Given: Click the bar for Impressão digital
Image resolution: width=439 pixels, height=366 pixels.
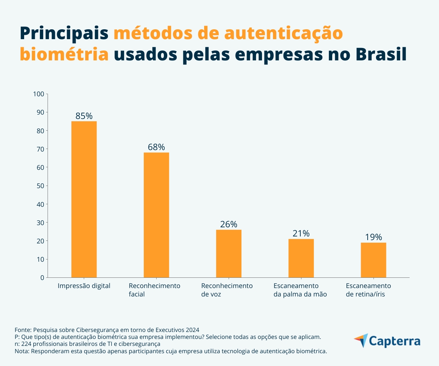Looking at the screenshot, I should [84, 199].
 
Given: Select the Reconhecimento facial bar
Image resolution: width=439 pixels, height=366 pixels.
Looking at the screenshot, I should [156, 215].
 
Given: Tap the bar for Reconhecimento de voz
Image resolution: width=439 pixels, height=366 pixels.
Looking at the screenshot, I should [229, 253].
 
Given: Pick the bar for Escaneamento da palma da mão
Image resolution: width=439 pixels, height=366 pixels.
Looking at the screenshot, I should [301, 258].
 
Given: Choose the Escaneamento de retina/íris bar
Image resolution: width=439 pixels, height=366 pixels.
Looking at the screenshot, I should [373, 260].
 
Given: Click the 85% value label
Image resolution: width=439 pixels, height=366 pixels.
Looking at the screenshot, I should [84, 116].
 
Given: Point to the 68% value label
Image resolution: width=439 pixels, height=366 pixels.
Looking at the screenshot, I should [156, 147].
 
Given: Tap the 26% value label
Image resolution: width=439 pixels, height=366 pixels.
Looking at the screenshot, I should [229, 224].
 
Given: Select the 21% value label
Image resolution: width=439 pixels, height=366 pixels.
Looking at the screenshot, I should [301, 234].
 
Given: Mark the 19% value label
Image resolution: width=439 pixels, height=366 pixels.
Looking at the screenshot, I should [373, 237].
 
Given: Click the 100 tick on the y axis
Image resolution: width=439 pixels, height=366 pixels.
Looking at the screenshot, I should [38, 94].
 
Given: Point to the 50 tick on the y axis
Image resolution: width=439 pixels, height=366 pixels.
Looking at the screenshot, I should [40, 186].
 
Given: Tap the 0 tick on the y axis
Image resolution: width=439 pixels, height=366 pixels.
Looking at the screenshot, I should [42, 277].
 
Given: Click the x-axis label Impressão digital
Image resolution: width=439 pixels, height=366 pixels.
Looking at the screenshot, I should [84, 286].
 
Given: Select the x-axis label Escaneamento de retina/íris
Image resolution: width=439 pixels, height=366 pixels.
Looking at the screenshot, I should [368, 290].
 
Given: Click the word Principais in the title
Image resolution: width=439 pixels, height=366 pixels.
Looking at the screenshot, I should [64, 34].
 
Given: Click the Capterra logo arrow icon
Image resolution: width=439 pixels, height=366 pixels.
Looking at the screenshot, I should [361, 340].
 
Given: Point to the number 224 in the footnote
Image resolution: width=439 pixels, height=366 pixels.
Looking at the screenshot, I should [26, 344].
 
